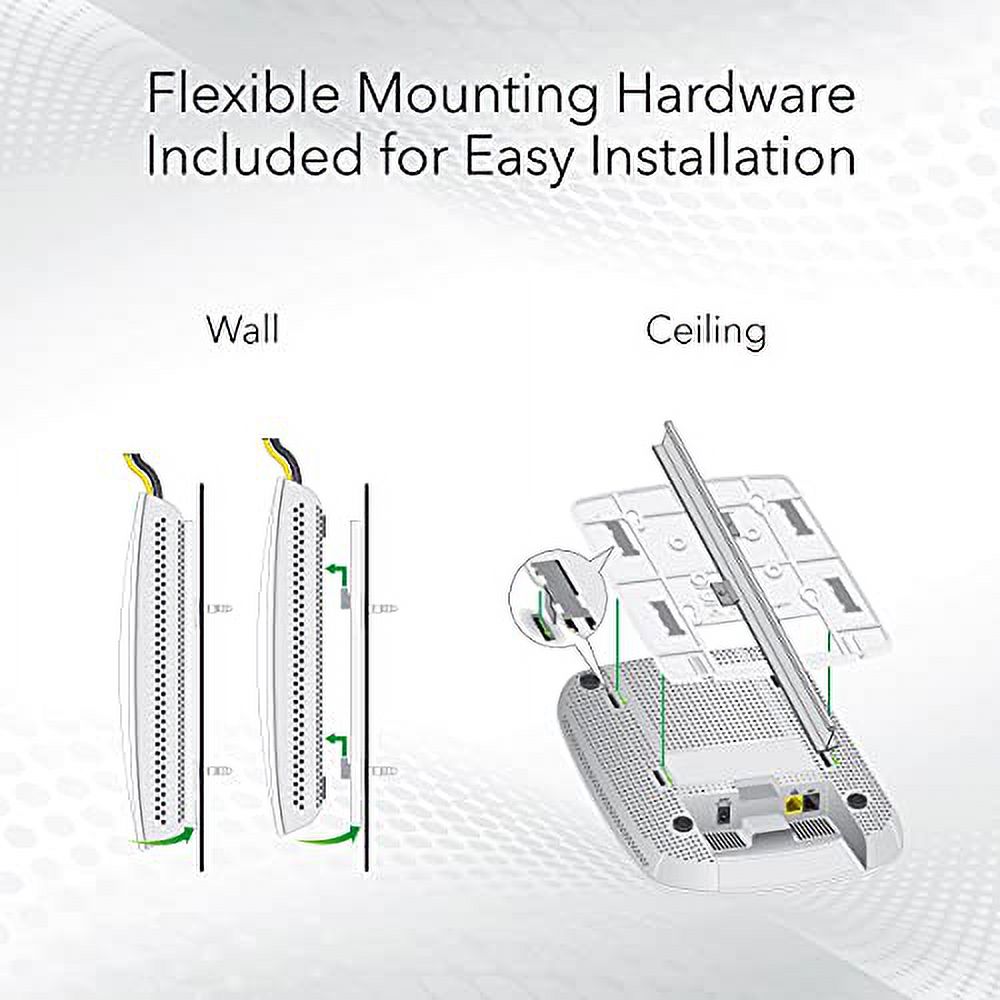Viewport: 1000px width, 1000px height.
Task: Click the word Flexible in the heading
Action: click(243, 94)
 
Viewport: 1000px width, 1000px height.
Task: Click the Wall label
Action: click(243, 330)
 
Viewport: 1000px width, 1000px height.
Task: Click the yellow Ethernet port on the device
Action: click(795, 800)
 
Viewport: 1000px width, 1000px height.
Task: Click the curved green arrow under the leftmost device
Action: click(163, 837)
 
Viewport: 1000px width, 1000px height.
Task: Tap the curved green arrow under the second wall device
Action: click(328, 837)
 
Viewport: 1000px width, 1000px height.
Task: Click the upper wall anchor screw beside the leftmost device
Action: click(219, 608)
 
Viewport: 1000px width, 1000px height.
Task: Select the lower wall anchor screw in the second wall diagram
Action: click(383, 772)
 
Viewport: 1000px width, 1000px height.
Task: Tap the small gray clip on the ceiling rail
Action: click(724, 592)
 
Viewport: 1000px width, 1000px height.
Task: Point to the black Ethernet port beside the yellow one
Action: click(812, 799)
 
